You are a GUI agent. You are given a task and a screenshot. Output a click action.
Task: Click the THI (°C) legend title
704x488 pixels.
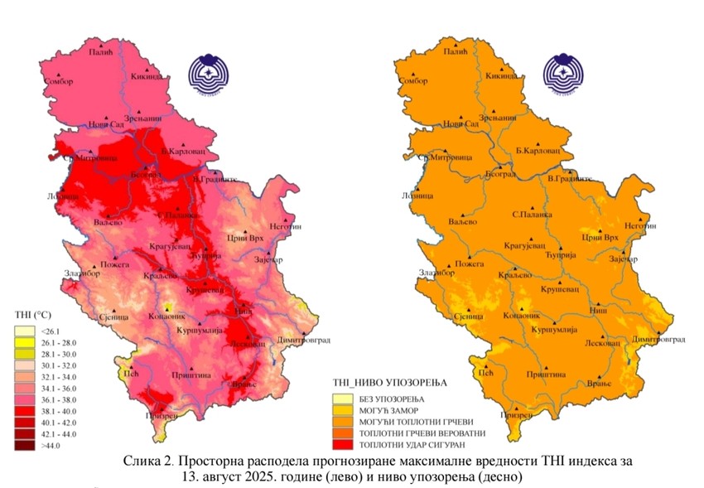pyautogui.click(x=34, y=316)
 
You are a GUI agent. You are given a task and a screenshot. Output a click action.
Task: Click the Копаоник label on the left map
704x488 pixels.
pyautogui.click(x=164, y=316)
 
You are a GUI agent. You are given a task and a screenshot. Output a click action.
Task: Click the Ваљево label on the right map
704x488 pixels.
pyautogui.click(x=463, y=223)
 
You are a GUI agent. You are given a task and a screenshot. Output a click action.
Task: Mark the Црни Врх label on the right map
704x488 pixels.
pyautogui.click(x=600, y=238)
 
